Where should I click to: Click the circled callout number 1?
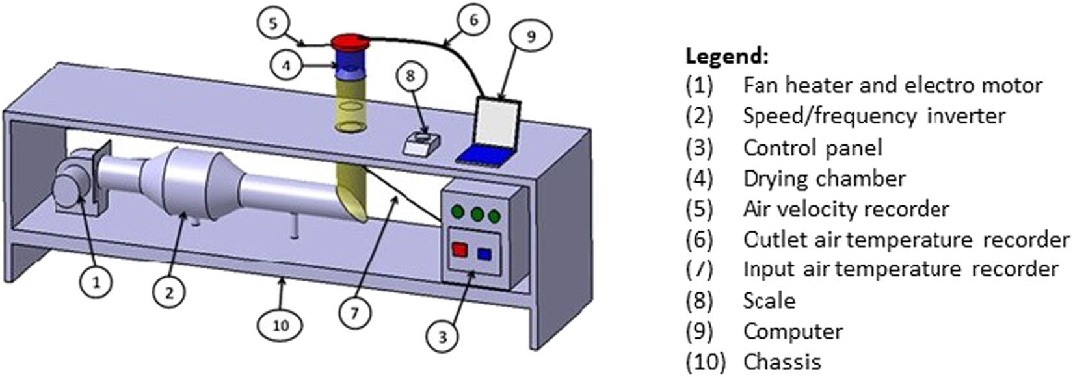[96, 282]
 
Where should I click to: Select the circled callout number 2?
[168, 293]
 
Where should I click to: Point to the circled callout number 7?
[354, 313]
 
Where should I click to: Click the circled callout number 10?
[281, 324]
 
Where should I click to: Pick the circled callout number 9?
[531, 36]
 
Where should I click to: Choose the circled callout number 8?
[410, 76]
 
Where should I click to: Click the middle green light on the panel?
[477, 213]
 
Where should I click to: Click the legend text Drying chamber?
[824, 178]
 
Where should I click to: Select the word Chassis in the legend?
[782, 361]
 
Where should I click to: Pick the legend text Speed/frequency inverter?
[874, 116]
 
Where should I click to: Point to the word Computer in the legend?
[793, 331]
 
